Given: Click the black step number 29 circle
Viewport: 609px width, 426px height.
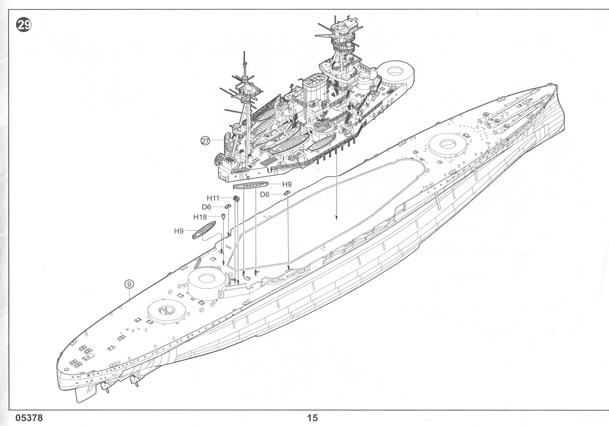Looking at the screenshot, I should [x=24, y=25].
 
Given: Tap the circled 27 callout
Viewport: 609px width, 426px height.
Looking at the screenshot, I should [x=205, y=141].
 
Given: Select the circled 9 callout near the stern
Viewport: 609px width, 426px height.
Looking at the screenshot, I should [x=129, y=284].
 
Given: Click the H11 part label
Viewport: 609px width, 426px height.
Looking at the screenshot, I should [x=213, y=198].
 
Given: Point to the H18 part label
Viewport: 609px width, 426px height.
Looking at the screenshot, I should [x=200, y=217].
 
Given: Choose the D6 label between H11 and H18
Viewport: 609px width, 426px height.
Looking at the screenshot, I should [x=206, y=207].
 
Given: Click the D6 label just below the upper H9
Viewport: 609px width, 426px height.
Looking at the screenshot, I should [x=265, y=194].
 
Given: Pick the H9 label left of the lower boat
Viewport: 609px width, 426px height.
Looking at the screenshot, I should [x=179, y=231].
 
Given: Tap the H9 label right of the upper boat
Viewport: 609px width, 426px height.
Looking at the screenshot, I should [x=287, y=184].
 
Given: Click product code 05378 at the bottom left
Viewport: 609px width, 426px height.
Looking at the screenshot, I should [x=29, y=418].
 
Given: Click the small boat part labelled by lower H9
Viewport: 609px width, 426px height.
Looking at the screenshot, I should [x=203, y=230].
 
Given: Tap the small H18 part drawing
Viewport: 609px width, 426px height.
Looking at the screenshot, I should [x=223, y=216].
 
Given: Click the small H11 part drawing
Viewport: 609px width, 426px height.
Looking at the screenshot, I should [x=236, y=198].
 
